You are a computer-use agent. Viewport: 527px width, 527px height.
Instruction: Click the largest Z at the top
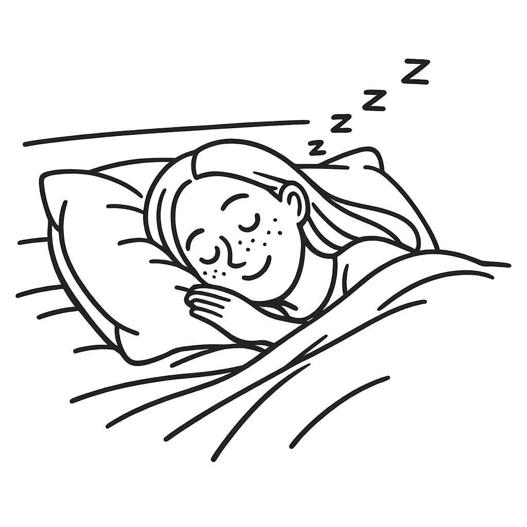click(x=415, y=71)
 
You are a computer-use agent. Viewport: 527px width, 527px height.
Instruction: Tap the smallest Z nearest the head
click(x=317, y=148)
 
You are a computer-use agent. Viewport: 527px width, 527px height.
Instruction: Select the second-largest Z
click(x=374, y=100)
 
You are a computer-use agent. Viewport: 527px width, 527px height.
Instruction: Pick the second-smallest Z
click(x=341, y=123)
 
